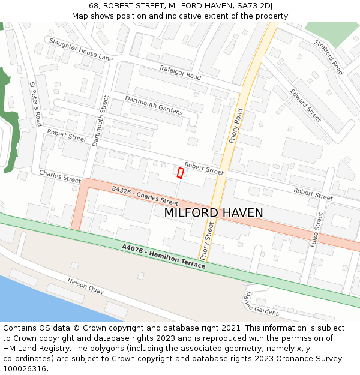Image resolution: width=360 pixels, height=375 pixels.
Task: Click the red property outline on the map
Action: [180, 173]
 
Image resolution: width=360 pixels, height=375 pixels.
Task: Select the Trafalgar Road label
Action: [179, 73]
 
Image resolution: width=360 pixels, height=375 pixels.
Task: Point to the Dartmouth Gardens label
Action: [154, 105]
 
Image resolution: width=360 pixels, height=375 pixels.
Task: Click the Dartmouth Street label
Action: [98, 120]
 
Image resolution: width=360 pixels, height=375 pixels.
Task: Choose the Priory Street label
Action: [206, 240]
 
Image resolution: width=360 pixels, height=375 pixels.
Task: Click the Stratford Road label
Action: [328, 57]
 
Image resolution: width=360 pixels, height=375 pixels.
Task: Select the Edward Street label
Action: [305, 105]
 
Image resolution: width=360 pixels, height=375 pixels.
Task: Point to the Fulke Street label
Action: [317, 230]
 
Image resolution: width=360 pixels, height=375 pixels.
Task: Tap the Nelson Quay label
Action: [86, 286]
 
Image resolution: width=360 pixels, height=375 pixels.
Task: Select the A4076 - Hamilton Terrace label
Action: [163, 256]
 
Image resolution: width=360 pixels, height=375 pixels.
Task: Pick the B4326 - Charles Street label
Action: [145, 195]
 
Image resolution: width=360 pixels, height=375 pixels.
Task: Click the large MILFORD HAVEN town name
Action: [213, 213]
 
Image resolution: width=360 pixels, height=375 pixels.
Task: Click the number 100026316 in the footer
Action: [24, 369]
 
